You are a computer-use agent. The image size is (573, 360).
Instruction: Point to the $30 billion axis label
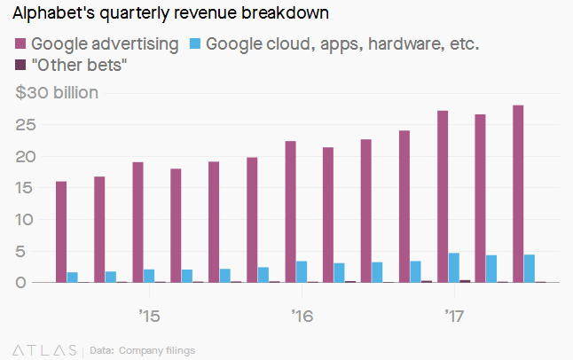click(x=57, y=92)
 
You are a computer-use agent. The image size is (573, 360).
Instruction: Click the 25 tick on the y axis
click(x=24, y=125)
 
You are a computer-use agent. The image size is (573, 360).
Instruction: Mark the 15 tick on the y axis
click(x=24, y=188)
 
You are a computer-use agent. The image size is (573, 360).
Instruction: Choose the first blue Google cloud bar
click(x=73, y=277)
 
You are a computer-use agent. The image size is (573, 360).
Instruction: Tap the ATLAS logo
click(x=44, y=350)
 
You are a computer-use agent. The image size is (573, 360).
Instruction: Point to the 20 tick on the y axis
click(x=24, y=157)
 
